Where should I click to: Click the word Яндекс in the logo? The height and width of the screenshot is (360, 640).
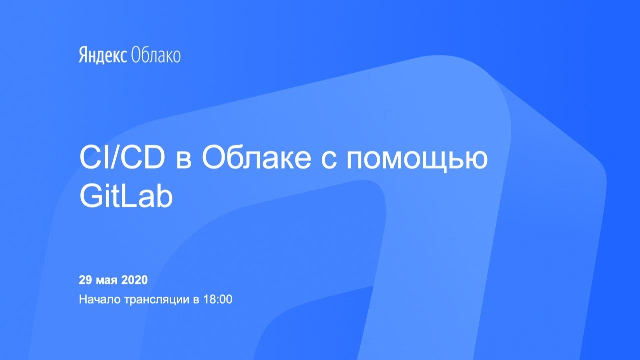pos(103,55)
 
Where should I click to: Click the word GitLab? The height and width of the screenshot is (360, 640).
pos(126,197)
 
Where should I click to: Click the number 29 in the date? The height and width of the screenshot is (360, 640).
pos(85,280)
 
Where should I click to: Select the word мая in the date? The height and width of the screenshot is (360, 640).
pos(107,281)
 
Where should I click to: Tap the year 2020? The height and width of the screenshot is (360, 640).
pos(134,280)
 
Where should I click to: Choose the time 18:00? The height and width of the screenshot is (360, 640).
pos(218,299)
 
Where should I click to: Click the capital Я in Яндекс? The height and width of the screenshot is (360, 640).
pos(83,55)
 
